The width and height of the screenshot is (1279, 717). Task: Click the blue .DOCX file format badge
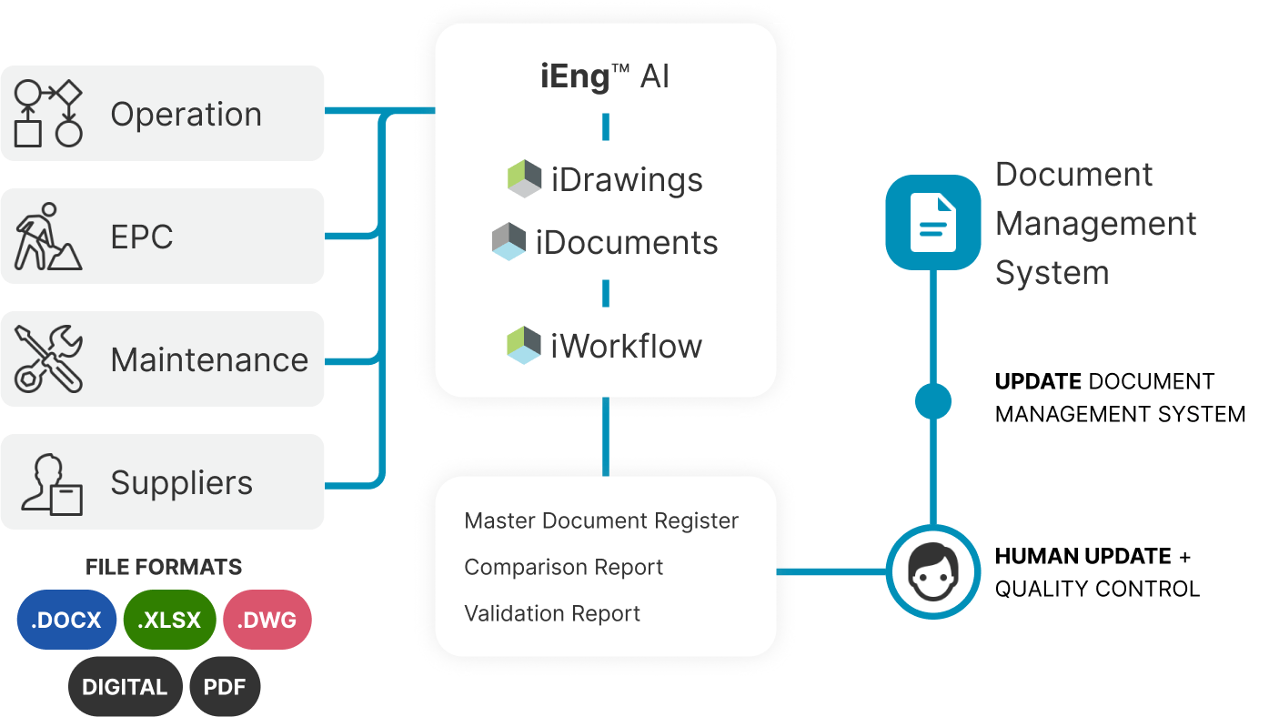click(x=66, y=621)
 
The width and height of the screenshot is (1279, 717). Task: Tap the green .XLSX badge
click(x=169, y=621)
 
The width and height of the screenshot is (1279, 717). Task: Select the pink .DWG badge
click(x=267, y=621)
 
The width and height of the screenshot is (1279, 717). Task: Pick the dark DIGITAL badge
click(x=125, y=687)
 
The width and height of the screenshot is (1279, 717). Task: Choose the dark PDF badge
click(x=225, y=687)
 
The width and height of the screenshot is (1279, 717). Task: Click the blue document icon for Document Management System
click(x=933, y=223)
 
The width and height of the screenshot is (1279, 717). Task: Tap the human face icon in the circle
click(x=933, y=572)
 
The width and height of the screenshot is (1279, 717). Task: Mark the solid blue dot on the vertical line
click(x=933, y=401)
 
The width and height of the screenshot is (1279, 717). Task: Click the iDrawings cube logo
click(x=524, y=179)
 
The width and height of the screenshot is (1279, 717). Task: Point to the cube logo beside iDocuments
click(x=509, y=242)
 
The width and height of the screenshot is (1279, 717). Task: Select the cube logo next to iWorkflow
click(x=524, y=346)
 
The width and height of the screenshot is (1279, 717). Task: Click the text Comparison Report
click(x=563, y=567)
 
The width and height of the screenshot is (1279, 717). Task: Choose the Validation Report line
click(x=552, y=613)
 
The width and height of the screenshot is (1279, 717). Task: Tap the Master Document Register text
click(x=601, y=520)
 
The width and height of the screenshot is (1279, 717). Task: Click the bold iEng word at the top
click(x=575, y=76)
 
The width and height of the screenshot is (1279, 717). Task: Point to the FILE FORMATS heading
click(x=164, y=567)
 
